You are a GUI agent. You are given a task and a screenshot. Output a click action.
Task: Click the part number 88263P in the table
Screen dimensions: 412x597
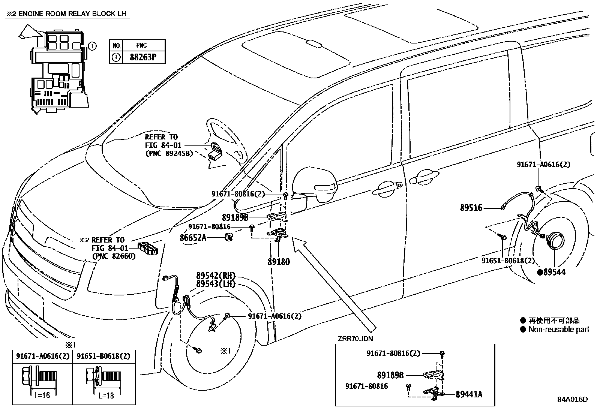(142, 58)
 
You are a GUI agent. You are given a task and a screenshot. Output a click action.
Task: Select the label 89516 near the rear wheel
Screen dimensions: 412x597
(471, 208)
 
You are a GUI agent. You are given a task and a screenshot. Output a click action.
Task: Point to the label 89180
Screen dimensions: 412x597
(279, 262)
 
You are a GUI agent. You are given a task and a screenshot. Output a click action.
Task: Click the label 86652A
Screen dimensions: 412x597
(193, 237)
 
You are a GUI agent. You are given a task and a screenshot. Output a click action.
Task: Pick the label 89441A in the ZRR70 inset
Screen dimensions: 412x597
(469, 394)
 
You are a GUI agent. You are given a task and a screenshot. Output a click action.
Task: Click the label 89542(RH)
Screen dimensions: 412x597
(215, 276)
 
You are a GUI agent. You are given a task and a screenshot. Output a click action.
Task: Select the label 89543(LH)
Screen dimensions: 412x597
(215, 284)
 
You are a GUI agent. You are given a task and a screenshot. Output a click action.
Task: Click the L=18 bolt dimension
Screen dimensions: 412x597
(106, 396)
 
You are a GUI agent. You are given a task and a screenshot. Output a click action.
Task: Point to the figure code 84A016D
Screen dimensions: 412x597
(572, 400)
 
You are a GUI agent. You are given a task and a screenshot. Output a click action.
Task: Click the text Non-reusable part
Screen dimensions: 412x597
(559, 330)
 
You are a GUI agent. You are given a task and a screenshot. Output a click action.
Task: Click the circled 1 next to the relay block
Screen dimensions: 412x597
(92, 46)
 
